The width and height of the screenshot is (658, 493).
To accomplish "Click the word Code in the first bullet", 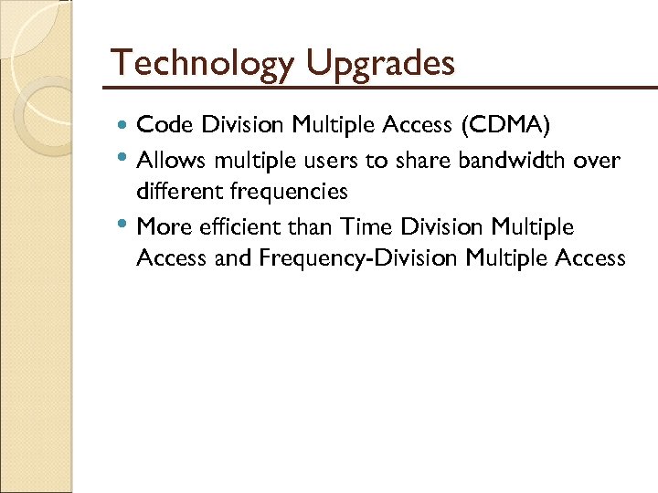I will click(x=160, y=124).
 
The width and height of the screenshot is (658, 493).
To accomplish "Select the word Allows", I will click(x=171, y=161).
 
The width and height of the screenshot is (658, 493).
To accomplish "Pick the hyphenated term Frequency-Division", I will click(x=359, y=258).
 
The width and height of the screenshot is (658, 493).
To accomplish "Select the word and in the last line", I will click(x=233, y=258).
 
